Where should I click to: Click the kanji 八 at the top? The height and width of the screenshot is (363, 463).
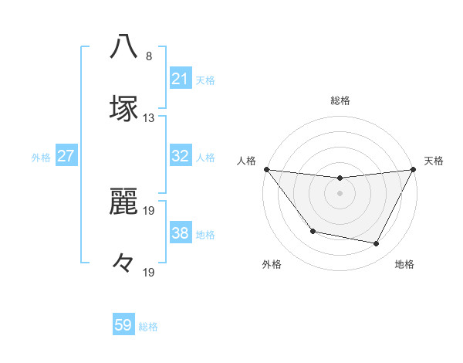pos(124,46)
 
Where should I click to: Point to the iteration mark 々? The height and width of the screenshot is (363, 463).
pos(124,263)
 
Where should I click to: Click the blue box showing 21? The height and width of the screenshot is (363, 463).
pos(180,79)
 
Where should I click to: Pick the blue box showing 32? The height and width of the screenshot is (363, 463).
pos(180,156)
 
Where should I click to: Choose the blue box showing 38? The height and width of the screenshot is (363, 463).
pos(180,233)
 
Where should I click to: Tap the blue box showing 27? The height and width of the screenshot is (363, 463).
pos(66,156)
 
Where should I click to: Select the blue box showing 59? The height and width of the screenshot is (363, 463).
pos(123,325)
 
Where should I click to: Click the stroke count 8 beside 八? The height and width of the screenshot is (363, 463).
pos(149,56)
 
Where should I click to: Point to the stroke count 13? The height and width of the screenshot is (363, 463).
pos(149,118)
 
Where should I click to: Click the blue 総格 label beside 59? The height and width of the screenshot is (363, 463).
pos(148,327)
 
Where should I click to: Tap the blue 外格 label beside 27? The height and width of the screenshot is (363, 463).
pos(41,157)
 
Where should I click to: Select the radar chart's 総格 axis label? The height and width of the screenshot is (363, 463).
pos(340,100)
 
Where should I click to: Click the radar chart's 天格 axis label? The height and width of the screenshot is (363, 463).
pos(434,161)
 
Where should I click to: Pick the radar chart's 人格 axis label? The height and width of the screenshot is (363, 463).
pos(246,161)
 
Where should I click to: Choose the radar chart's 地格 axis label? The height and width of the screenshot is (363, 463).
pos(404,265)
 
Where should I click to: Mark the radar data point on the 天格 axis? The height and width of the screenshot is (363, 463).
pos(414,169)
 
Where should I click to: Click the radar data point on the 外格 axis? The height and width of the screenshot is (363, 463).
pos(313,231)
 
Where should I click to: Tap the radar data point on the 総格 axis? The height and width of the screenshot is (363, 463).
pos(340,178)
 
